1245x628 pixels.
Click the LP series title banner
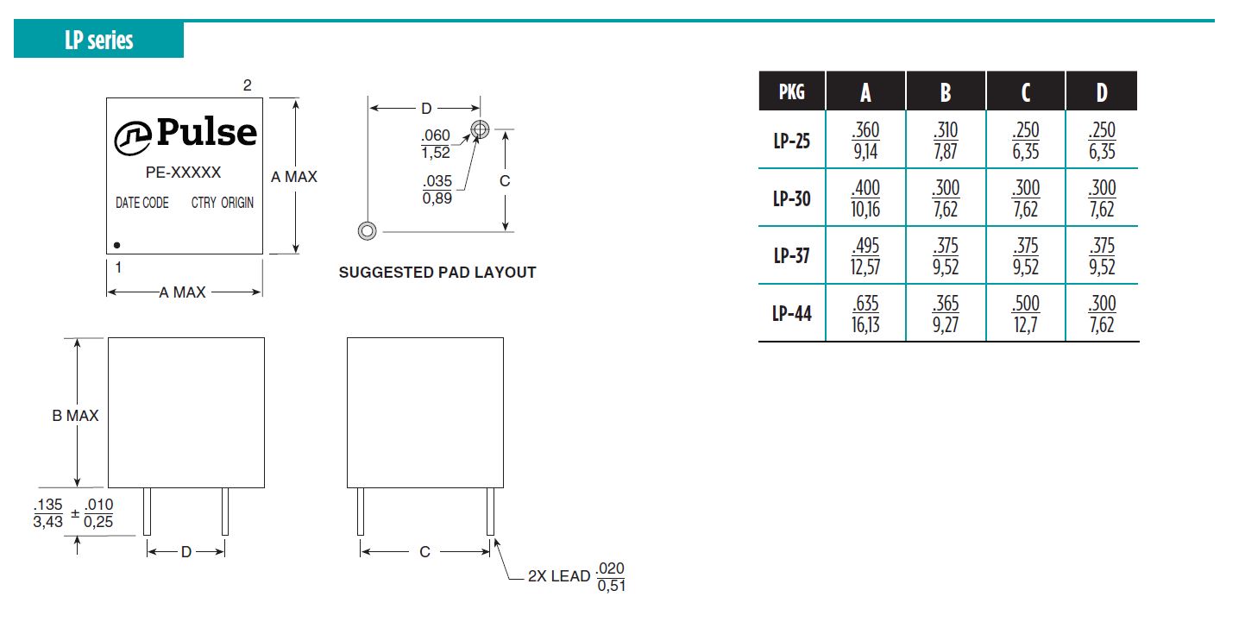[x=99, y=39]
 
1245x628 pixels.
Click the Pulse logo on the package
[x=185, y=135]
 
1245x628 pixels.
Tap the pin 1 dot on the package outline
[x=116, y=245]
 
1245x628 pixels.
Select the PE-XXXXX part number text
[x=183, y=173]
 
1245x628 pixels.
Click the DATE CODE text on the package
[x=141, y=203]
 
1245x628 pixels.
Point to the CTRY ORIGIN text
[x=223, y=203]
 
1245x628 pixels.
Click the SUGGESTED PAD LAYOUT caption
[x=437, y=273]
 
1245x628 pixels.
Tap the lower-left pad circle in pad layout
[x=367, y=230]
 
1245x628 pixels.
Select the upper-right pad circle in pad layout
[x=480, y=129]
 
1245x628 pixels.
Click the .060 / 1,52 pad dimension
[x=436, y=144]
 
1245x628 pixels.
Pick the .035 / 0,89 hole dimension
[x=437, y=190]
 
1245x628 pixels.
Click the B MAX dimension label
[x=75, y=416]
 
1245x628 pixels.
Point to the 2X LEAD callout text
[x=558, y=576]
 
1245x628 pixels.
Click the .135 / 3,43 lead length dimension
[x=47, y=513]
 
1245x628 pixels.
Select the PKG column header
[x=792, y=91]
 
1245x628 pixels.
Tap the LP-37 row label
[x=792, y=255]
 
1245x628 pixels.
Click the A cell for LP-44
[x=865, y=314]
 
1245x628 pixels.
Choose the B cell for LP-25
[x=946, y=141]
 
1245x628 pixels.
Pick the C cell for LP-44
[x=1026, y=314]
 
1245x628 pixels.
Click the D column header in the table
[x=1102, y=91]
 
